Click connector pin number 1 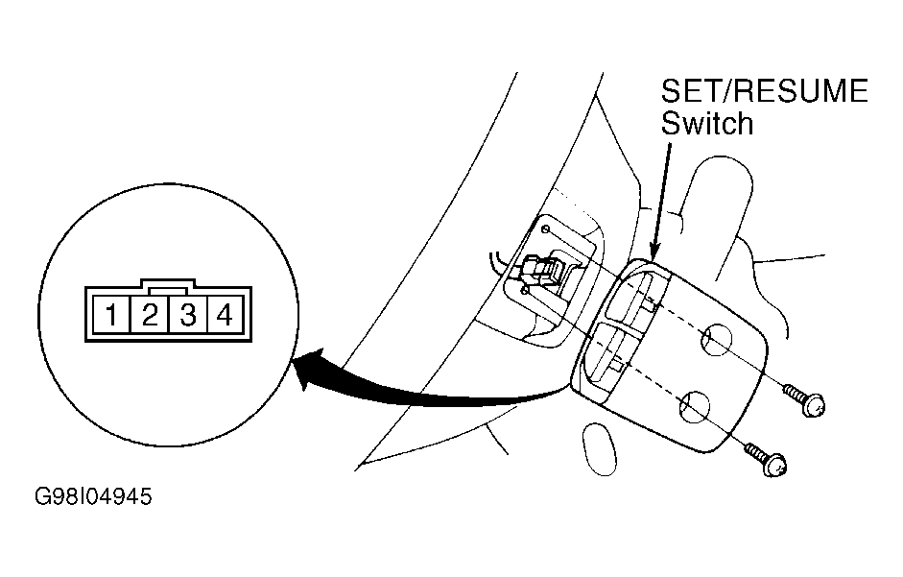coord(111,315)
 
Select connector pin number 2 coord(150,315)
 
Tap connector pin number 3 coord(188,315)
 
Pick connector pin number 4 coord(226,315)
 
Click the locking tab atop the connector coord(168,283)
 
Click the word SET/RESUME coord(764,91)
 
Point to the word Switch coord(707,123)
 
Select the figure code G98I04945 coord(93,496)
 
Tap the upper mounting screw coord(805,399)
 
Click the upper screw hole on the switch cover coord(717,340)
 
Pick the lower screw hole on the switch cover coord(695,406)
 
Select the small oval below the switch coord(600,449)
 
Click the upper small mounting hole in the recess coord(545,229)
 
